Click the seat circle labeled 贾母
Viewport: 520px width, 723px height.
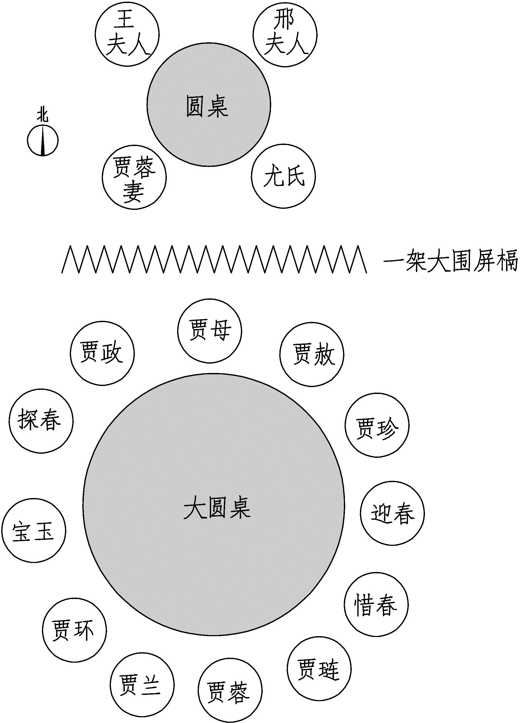pyautogui.click(x=209, y=331)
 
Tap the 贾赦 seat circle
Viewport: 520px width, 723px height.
pyautogui.click(x=312, y=354)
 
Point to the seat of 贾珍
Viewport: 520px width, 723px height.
pyautogui.click(x=377, y=425)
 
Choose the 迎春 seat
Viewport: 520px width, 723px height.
pyautogui.click(x=392, y=513)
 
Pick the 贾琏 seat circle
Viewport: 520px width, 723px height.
pyautogui.click(x=319, y=668)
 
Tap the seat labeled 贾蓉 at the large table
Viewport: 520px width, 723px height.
pyautogui.click(x=230, y=690)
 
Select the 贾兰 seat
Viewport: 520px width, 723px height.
pyautogui.click(x=142, y=685)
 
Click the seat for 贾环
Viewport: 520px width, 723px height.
pyautogui.click(x=74, y=630)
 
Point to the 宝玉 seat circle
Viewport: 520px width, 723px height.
pyautogui.click(x=34, y=531)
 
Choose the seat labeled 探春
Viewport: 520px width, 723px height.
pyautogui.click(x=41, y=420)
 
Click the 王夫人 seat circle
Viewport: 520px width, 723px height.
pyautogui.click(x=127, y=34)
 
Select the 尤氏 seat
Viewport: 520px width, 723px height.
pyautogui.click(x=283, y=176)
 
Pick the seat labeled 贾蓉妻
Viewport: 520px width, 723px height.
pyautogui.click(x=134, y=177)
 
